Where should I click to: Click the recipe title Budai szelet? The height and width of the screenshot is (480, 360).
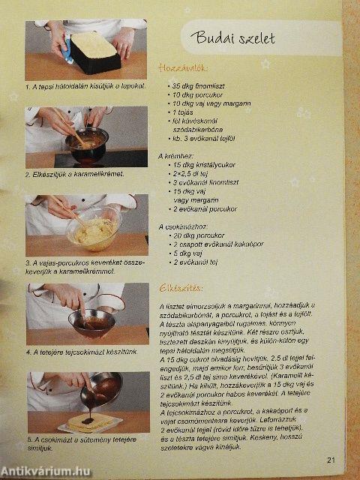[229, 40]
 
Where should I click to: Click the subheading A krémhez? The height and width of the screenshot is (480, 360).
[178, 155]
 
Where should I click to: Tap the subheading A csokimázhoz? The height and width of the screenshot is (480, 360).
[184, 226]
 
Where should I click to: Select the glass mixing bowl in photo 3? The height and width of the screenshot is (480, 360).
[94, 229]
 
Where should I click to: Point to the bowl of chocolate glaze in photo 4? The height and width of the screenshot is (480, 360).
[90, 323]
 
